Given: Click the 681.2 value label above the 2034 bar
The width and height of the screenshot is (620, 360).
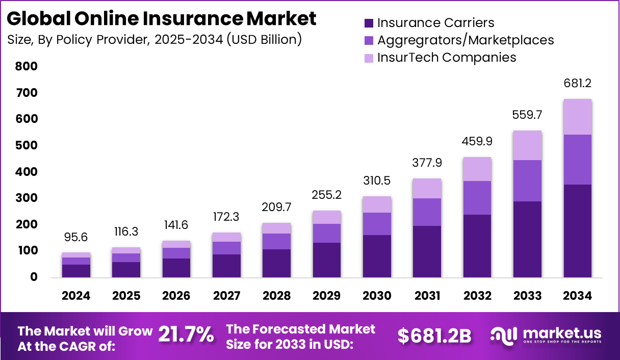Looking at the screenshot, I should (578, 83).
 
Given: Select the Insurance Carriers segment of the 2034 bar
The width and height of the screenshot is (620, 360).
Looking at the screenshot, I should (578, 230).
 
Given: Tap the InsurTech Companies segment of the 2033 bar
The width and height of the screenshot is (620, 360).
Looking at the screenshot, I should (528, 146).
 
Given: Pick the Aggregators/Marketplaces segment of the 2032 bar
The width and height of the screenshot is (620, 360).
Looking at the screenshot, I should (478, 198).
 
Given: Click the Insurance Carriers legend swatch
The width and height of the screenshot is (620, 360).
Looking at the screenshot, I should (369, 23).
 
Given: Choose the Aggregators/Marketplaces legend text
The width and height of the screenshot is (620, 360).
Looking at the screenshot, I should (465, 40).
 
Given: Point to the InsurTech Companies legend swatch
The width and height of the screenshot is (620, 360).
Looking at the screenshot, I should (369, 58).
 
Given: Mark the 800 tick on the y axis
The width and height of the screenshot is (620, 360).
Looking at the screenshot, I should (27, 66).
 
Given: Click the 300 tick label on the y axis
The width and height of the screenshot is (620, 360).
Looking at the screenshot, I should (27, 198).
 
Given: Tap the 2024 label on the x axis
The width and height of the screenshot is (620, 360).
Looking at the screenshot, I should (76, 296).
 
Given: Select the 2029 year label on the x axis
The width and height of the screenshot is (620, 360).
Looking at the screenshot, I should (327, 296).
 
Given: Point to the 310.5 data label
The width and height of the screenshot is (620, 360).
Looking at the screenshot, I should (377, 181).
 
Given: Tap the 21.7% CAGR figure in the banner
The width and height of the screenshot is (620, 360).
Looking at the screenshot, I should (186, 335).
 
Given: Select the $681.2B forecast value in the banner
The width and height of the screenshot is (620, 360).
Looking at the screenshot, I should (434, 336).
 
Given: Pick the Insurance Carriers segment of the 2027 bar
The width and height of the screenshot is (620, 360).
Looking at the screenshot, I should (227, 266).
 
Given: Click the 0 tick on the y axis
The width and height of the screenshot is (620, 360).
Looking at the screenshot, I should (34, 277).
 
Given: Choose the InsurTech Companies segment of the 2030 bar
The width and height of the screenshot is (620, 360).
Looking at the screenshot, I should (377, 204).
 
